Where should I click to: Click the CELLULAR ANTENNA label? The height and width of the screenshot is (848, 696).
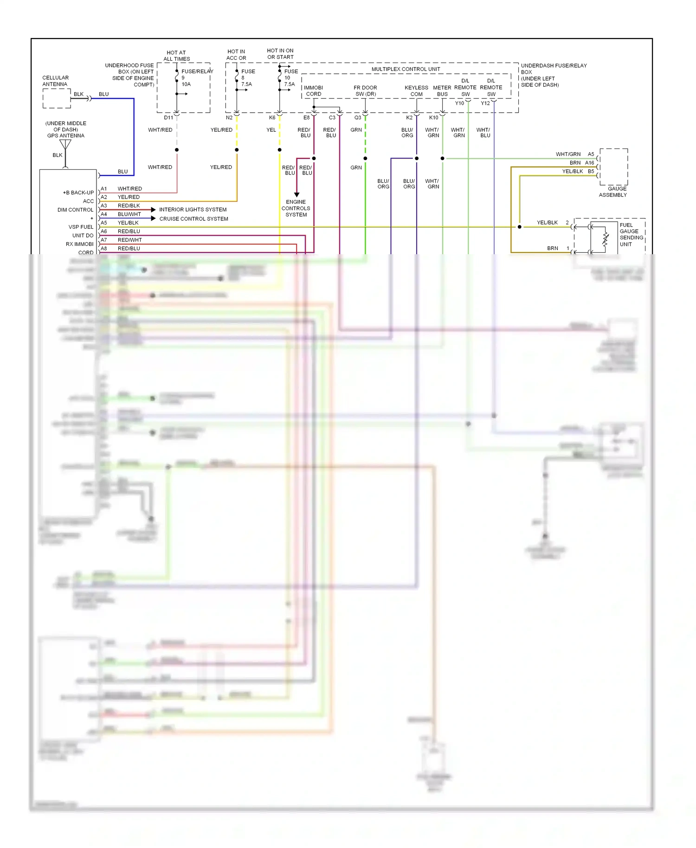point(55,81)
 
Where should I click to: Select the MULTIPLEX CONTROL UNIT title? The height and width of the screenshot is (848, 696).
point(406,69)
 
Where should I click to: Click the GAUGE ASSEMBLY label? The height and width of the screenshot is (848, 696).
point(613,192)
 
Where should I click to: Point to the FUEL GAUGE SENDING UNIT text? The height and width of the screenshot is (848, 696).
point(631,234)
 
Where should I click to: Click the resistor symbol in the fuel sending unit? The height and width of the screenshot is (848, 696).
point(605,238)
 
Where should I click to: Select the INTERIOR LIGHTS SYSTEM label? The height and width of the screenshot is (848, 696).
point(193,210)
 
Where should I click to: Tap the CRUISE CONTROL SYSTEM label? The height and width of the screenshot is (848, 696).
point(193,219)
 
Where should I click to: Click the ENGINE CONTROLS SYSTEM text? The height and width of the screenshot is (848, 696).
point(296,208)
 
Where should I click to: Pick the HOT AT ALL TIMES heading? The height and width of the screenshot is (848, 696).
point(176,56)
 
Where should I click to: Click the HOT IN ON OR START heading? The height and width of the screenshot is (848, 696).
point(280,54)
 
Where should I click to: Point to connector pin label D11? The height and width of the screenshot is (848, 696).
point(168,118)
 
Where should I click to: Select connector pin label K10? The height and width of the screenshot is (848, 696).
point(433,118)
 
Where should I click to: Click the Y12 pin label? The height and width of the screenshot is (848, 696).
point(485,103)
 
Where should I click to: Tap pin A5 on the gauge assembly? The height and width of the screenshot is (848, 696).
point(591,154)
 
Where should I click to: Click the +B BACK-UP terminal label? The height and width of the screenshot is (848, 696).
point(78,193)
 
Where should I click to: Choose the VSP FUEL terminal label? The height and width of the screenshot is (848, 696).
point(81,227)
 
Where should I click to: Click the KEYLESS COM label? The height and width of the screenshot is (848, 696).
point(416,90)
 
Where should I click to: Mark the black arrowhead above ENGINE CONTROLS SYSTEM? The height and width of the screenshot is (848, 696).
point(296,194)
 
